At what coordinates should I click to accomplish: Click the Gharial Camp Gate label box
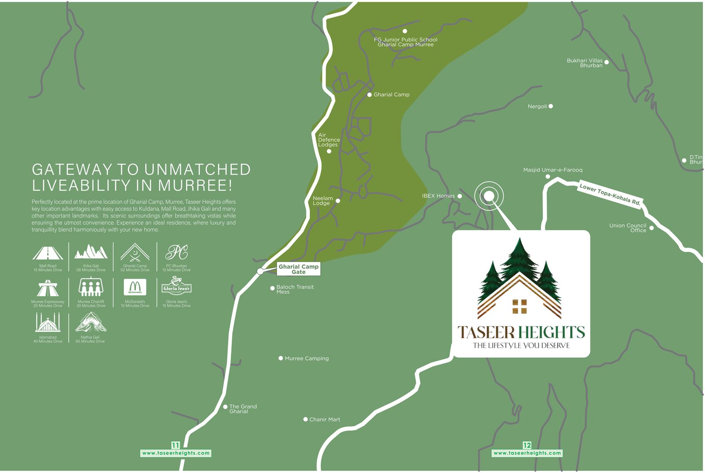pyautogui.click(x=298, y=269)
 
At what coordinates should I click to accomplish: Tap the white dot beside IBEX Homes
pyautogui.click(x=460, y=196)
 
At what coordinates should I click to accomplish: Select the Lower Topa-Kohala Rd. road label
pyautogui.click(x=610, y=194)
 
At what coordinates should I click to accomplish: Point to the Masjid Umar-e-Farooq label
pyautogui.click(x=553, y=170)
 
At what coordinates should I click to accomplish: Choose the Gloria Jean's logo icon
pyautogui.click(x=176, y=287)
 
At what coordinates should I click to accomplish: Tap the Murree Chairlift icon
pyautogui.click(x=91, y=287)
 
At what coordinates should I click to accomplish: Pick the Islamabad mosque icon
pyautogui.click(x=48, y=323)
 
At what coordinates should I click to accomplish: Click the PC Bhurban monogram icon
pyautogui.click(x=176, y=252)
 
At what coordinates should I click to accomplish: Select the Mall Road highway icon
pyautogui.click(x=48, y=253)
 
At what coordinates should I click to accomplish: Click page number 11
pyautogui.click(x=175, y=445)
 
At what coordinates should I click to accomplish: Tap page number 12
pyautogui.click(x=527, y=445)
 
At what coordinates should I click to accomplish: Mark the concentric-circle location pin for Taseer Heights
pyautogui.click(x=489, y=196)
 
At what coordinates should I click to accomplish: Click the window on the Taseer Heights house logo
pyautogui.click(x=519, y=306)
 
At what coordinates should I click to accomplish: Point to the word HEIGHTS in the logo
pyautogui.click(x=551, y=332)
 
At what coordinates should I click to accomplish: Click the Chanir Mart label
pyautogui.click(x=324, y=419)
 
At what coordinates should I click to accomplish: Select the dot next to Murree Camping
pyautogui.click(x=281, y=358)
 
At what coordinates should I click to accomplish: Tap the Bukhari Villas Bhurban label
pyautogui.click(x=585, y=63)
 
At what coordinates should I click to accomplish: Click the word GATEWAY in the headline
pyautogui.click(x=72, y=170)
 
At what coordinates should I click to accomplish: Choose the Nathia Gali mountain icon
pyautogui.click(x=91, y=322)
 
